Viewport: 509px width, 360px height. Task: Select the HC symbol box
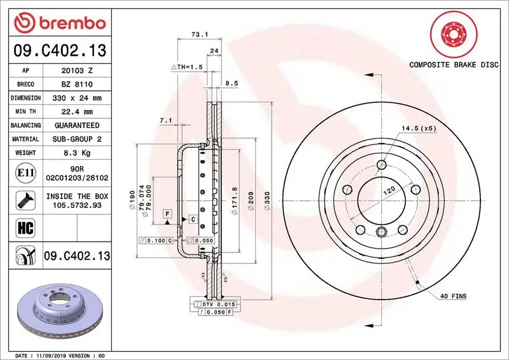click(22, 226)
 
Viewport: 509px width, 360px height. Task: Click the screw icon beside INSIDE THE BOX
click(22, 200)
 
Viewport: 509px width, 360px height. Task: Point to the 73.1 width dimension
click(200, 36)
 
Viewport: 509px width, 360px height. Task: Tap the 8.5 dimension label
click(232, 83)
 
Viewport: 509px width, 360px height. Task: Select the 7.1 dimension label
click(165, 120)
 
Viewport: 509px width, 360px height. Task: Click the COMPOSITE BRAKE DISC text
click(453, 65)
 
